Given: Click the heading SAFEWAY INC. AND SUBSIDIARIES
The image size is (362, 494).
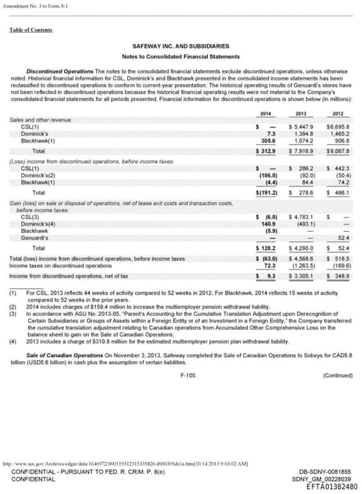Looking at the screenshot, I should pos(181,45).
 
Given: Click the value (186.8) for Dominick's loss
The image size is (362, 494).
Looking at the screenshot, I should pos(264,175).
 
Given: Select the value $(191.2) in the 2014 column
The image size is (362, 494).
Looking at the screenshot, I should pos(264,192).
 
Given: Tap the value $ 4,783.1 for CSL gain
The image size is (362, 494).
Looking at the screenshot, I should pos(302,217).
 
